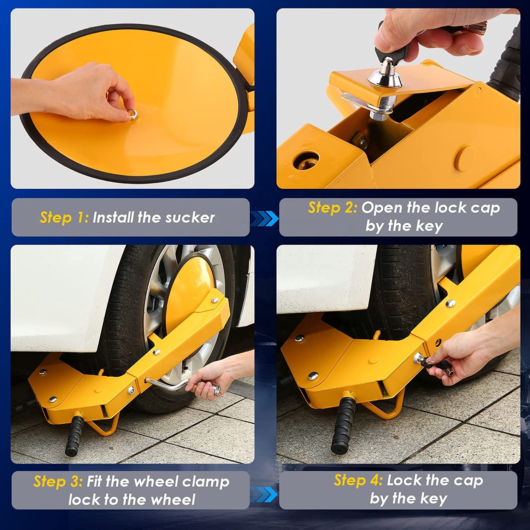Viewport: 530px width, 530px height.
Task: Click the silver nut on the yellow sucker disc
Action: tap(133, 114)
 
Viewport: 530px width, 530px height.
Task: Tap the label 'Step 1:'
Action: tap(64, 217)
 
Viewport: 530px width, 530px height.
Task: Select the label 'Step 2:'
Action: tap(332, 208)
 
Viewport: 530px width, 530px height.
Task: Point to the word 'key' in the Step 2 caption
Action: tap(429, 226)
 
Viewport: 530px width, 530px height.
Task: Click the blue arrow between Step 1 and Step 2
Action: tap(264, 218)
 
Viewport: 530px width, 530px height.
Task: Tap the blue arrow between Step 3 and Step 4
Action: tap(264, 494)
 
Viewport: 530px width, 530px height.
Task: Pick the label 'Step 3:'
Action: tap(58, 481)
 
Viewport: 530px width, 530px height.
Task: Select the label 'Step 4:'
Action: tap(358, 480)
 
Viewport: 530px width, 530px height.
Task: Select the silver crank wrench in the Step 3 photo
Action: tap(170, 385)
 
